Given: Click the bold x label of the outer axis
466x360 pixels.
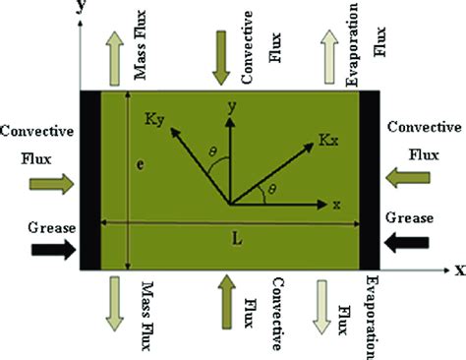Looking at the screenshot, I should (x=456, y=269).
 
